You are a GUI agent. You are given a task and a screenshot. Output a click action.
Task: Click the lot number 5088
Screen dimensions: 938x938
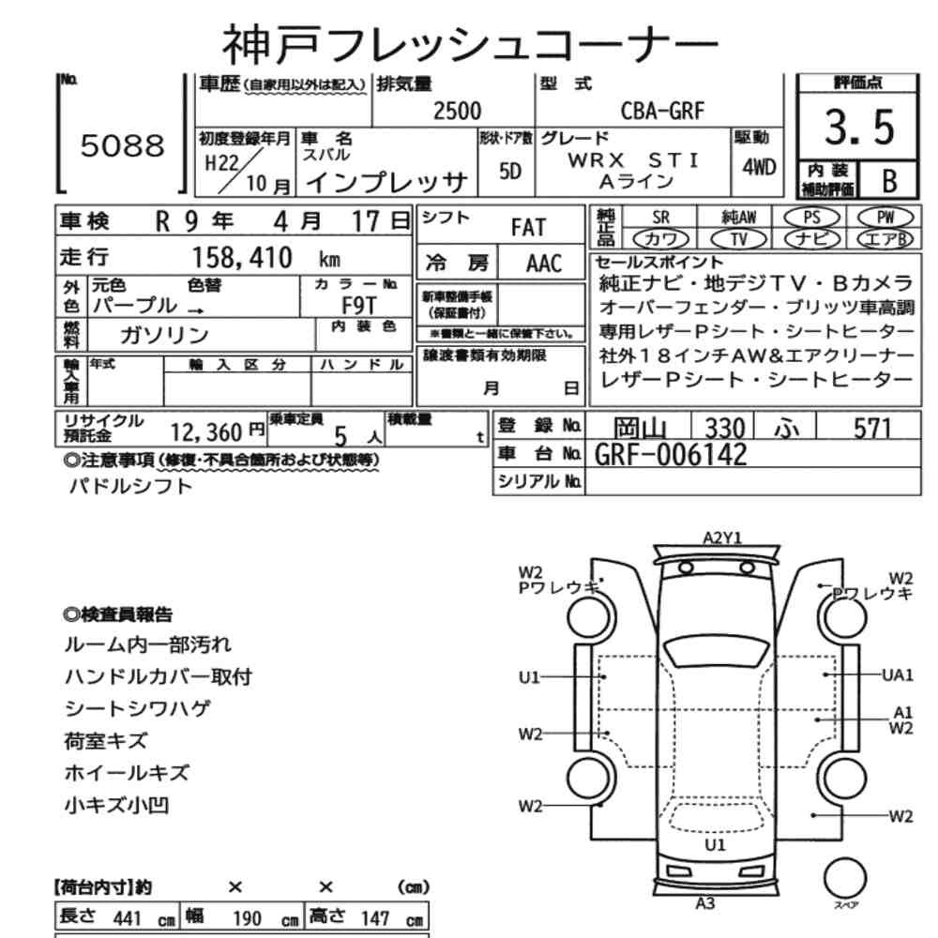pos(123,145)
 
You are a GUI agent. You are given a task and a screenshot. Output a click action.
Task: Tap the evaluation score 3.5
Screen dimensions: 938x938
pos(859,128)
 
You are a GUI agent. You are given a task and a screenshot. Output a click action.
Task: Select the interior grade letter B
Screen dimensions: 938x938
pos(889,181)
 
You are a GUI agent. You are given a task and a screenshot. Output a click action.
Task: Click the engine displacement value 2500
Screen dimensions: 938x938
pos(457,112)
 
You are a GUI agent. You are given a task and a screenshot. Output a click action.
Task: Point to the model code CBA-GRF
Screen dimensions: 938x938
pos(662,111)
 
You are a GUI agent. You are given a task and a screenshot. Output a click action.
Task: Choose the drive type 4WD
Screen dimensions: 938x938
pos(759,167)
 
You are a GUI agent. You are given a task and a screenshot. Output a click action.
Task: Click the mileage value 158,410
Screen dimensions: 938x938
pos(242,258)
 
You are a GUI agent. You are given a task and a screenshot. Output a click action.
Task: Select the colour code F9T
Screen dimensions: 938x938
pos(359,306)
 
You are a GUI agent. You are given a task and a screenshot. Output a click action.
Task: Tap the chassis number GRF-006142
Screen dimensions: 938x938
pos(671,455)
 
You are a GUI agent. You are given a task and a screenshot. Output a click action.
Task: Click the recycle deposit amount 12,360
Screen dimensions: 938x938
pos(206,431)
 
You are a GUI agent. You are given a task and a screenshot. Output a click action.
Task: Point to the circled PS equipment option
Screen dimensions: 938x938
pos(811,218)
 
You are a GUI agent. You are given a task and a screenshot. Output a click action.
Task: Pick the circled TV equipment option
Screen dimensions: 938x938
pos(739,239)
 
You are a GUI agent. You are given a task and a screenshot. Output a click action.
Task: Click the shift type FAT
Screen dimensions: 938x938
pos(528,228)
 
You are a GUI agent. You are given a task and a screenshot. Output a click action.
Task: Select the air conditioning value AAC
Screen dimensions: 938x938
pos(544,264)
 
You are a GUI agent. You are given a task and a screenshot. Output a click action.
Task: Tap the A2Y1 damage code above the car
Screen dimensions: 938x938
pos(722,537)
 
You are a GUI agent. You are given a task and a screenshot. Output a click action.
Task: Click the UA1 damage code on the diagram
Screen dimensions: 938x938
pos(898,675)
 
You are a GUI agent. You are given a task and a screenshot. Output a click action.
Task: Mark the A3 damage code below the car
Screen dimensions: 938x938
pos(705,904)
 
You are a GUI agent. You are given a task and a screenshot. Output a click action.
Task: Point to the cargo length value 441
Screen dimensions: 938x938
pos(127,918)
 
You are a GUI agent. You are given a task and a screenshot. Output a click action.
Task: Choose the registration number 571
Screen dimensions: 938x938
pos(872,429)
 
